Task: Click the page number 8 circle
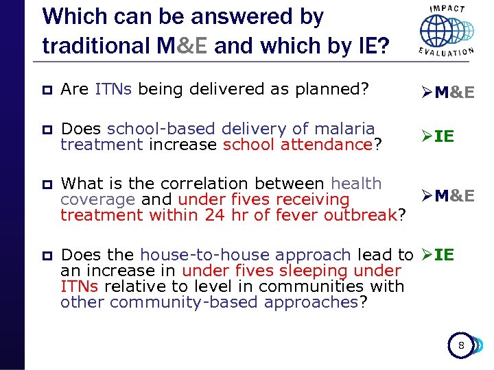pos(461,346)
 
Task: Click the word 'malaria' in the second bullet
pos(349,129)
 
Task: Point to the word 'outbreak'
pos(362,215)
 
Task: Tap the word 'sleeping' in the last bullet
pos(324,271)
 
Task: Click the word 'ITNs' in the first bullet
pos(108,89)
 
